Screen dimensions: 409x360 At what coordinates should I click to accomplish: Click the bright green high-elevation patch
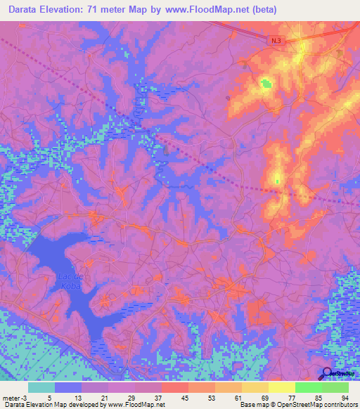(x=266, y=85)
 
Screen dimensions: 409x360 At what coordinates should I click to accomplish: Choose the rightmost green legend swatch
(x=335, y=387)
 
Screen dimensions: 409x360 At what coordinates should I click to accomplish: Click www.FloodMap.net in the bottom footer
(x=135, y=405)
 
